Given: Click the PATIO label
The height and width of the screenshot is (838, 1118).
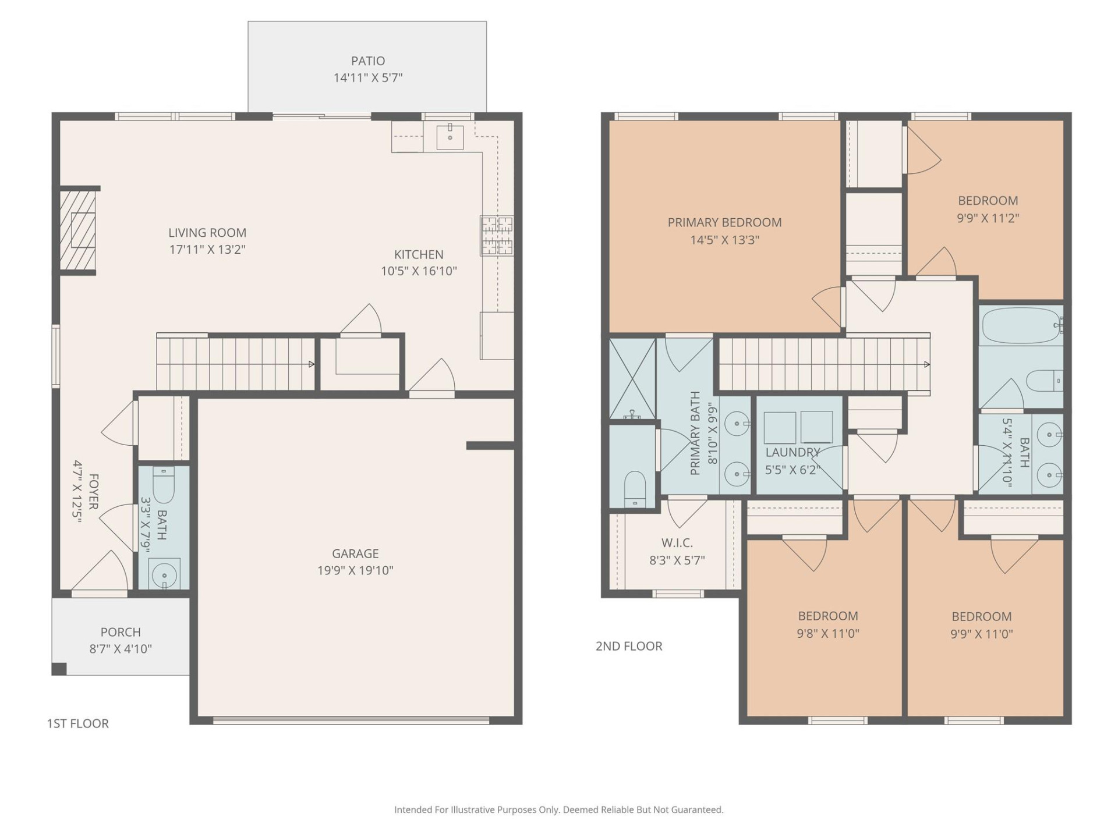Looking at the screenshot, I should point(367,61).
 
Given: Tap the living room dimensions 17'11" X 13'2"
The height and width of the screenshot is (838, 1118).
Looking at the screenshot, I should point(207,250).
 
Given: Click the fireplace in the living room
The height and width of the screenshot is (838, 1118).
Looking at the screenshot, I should point(79,231).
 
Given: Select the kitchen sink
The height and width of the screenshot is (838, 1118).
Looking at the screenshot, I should point(450,137).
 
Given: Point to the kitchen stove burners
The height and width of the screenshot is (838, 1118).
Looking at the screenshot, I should point(497,236).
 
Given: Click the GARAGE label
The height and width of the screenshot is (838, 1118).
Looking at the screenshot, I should point(355,553).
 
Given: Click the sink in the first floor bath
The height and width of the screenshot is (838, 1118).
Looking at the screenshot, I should point(164,575).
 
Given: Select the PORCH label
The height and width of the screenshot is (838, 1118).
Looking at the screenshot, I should point(121,632).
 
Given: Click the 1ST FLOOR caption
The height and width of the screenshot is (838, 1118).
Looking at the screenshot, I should point(77,723).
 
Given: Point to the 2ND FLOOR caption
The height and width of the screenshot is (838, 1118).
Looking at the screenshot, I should point(629,646).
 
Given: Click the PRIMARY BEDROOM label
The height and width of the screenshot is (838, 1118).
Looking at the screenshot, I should point(724,222).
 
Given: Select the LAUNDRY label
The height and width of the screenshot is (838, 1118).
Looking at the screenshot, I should point(792,453).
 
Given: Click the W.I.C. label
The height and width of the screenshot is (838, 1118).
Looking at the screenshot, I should point(677,543).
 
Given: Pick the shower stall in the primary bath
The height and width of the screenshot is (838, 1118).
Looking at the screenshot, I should point(632,378).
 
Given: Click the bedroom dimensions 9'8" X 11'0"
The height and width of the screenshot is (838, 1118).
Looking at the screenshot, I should point(827,634).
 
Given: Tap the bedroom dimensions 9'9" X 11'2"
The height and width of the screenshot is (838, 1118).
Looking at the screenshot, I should point(988,218).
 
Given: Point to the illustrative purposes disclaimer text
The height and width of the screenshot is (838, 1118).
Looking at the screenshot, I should point(558,809).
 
